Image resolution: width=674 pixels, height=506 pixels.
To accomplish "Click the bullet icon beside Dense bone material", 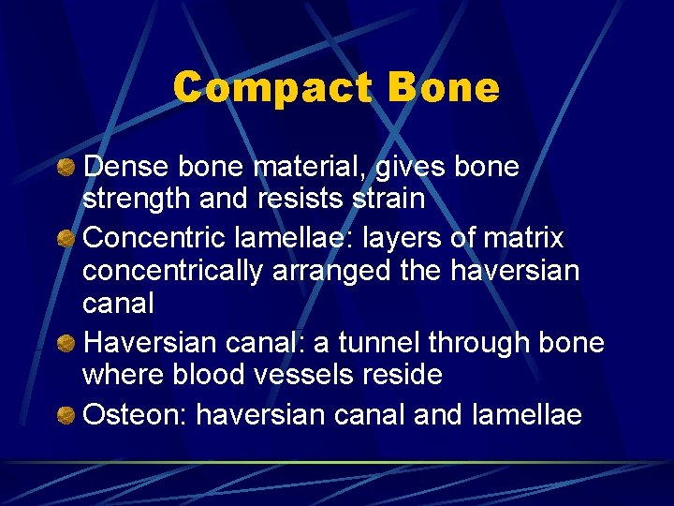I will (x=66, y=168).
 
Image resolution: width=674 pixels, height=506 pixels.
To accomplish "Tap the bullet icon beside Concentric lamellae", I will (x=66, y=240).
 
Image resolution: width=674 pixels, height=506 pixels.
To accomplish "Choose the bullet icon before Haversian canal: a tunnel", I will (x=66, y=343).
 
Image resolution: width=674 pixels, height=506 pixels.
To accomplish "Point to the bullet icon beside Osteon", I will (x=66, y=414).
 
